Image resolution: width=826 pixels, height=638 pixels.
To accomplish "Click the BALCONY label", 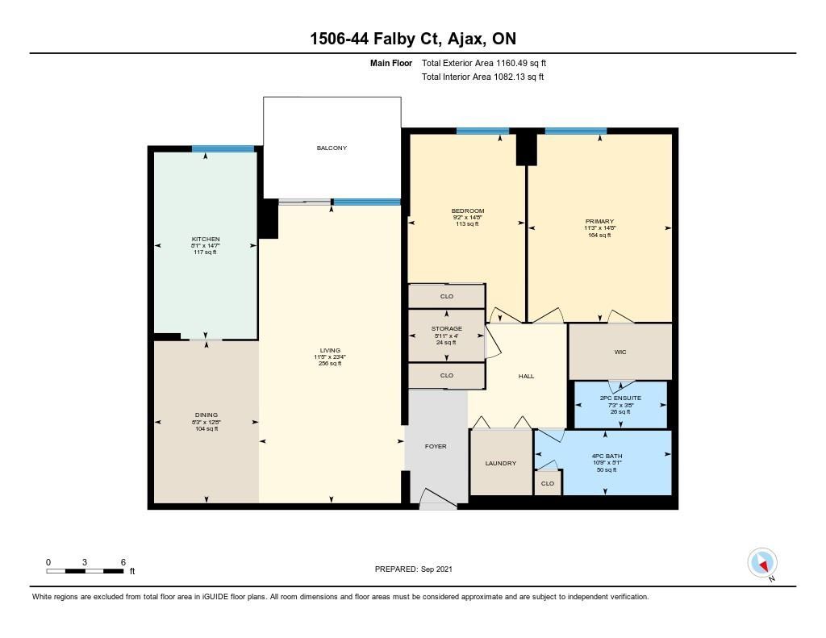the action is click(332, 148).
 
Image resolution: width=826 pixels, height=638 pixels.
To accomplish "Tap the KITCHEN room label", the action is click(206, 240).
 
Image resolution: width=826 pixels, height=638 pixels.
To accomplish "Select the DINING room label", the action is click(206, 415).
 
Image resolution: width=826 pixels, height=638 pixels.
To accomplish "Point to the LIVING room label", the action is click(330, 350).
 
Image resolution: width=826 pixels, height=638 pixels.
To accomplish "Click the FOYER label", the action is click(436, 446).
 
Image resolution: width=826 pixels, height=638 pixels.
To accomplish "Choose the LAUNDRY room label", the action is click(500, 464).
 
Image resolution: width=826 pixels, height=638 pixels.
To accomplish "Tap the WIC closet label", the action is click(620, 352).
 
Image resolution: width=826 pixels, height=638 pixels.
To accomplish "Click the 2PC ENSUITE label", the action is click(620, 398).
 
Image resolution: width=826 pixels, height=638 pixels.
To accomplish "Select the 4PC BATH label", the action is click(607, 457).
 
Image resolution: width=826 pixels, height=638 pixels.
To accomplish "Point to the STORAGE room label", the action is click(447, 329).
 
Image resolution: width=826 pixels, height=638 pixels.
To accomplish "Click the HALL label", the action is click(526, 376).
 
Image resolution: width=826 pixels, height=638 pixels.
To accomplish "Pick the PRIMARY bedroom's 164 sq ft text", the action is click(599, 236).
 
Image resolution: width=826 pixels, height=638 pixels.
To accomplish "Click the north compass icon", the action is click(762, 563).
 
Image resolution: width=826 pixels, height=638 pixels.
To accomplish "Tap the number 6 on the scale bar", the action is click(123, 562).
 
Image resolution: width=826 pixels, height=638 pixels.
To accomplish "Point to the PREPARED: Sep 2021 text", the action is click(414, 569).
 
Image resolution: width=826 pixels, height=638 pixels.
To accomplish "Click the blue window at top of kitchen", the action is click(223, 149).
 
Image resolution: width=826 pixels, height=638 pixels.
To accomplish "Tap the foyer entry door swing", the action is click(438, 499).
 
